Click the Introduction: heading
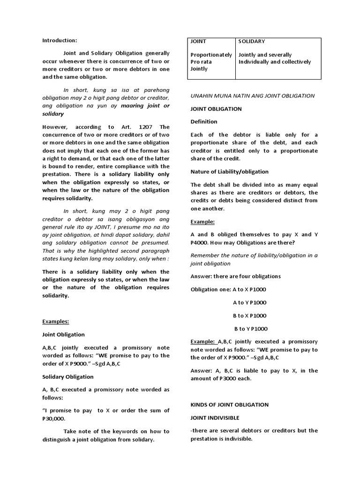click(60, 41)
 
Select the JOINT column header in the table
click(198, 41)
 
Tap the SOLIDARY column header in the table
click(252, 41)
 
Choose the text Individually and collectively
click(275, 62)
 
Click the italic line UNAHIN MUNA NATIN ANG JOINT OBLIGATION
click(252, 96)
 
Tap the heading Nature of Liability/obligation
click(229, 171)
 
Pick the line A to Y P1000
click(249, 302)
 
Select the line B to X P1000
click(249, 315)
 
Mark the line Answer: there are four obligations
click(235, 276)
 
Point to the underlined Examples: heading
click(56, 322)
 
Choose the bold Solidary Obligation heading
click(67, 376)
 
